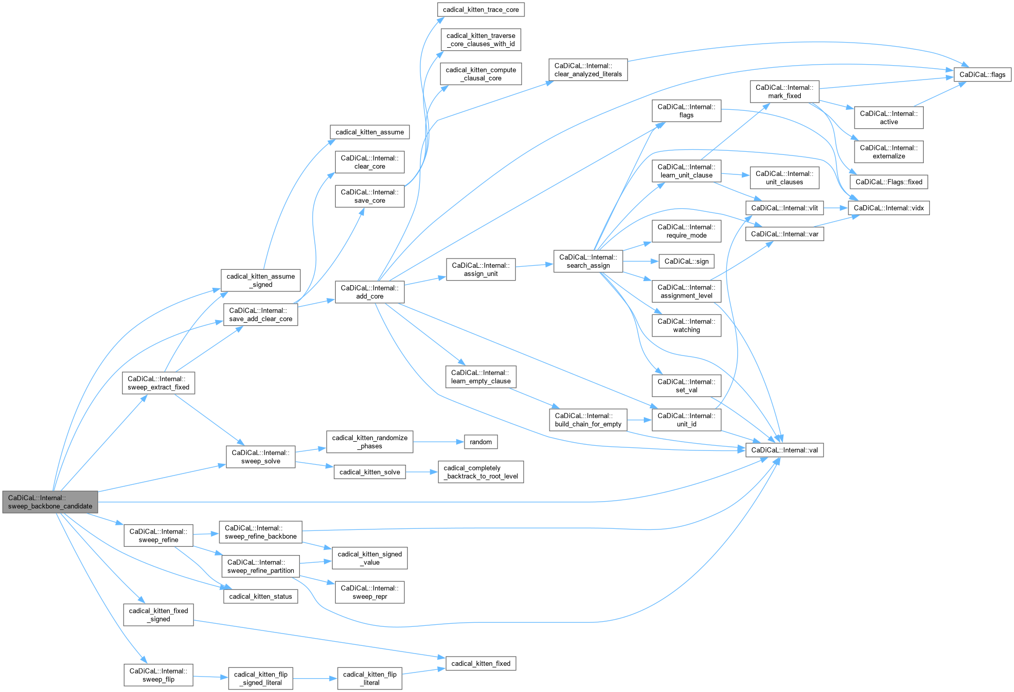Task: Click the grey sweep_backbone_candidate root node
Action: click(50, 502)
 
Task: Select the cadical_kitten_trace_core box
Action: click(480, 10)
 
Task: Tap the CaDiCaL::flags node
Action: click(982, 74)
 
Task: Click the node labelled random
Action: click(480, 442)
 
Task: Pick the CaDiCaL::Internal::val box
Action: click(784, 450)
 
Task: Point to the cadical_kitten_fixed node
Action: click(480, 663)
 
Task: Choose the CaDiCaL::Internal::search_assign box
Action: click(588, 261)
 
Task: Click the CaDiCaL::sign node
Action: click(686, 261)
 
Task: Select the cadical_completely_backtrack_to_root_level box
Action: click(480, 472)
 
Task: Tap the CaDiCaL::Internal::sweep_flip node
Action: click(158, 675)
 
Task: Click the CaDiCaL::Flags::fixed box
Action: click(888, 182)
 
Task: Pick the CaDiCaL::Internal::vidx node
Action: click(888, 208)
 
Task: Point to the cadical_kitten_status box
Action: click(260, 596)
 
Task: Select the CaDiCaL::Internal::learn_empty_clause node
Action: click(480, 377)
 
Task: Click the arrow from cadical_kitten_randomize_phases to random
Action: click(438, 442)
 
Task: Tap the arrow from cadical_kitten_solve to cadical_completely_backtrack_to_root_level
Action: click(421, 472)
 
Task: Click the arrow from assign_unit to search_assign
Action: click(534, 266)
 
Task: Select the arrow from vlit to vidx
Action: click(836, 208)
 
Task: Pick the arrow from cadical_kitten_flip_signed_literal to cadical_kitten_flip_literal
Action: click(315, 679)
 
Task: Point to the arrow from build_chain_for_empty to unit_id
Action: click(639, 420)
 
